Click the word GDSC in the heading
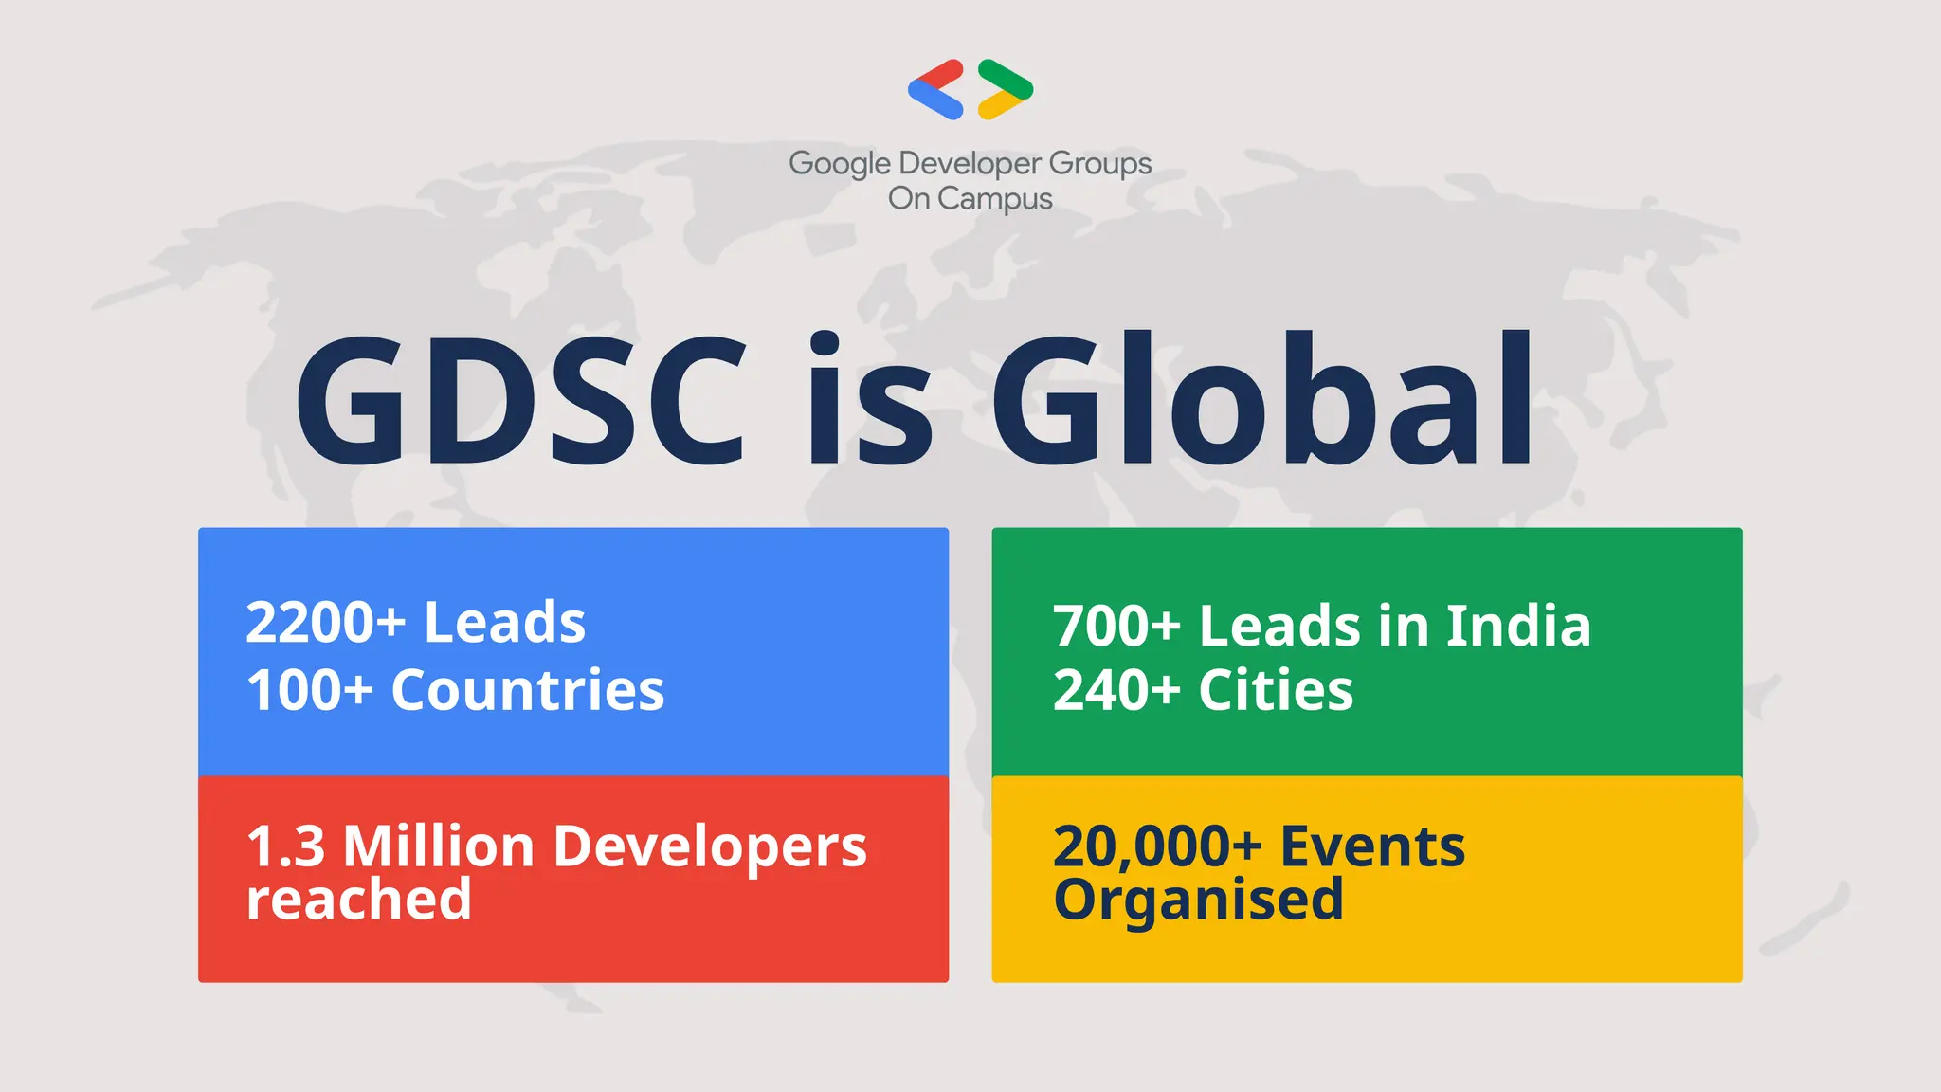tap(521, 400)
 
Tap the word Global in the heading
tap(1261, 400)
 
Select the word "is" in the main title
tap(869, 400)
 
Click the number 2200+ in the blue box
tap(325, 623)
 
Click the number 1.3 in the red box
tap(285, 846)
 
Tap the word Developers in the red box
tap(710, 846)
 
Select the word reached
tap(359, 899)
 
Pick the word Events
tap(1372, 846)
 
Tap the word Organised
tap(1199, 899)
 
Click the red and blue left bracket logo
tap(935, 89)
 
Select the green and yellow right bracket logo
tap(1006, 89)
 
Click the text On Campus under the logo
tap(970, 199)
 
